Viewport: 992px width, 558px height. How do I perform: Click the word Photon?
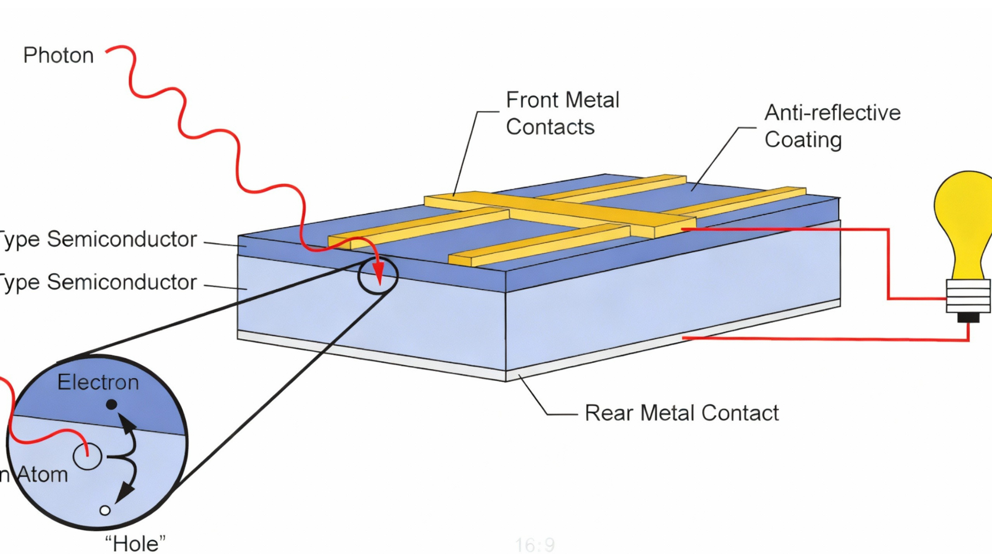click(59, 55)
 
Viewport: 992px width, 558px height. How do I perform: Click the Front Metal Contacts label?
click(562, 114)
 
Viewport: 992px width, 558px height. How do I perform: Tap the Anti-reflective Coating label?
click(832, 126)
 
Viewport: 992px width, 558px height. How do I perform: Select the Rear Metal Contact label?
click(682, 413)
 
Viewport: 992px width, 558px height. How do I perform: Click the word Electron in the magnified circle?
click(98, 382)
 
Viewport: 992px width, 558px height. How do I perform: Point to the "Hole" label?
click(135, 544)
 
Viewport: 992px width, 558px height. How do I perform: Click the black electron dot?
click(112, 405)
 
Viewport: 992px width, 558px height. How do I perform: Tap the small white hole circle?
click(105, 510)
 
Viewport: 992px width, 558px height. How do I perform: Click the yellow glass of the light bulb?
click(964, 218)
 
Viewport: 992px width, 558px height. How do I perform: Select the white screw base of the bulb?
click(968, 296)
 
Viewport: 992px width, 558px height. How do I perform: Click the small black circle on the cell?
click(378, 275)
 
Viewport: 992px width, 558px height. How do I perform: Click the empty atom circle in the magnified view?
click(87, 457)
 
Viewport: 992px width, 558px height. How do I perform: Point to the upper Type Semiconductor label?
click(99, 240)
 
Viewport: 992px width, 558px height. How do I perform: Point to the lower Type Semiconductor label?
click(99, 282)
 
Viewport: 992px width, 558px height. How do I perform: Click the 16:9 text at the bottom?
click(535, 545)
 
